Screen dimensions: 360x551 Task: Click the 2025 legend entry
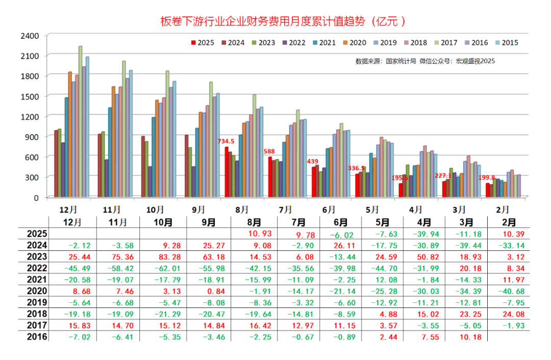pos(203,43)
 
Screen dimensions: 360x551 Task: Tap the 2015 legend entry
pos(506,43)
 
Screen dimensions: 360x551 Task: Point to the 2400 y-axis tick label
pos(30,36)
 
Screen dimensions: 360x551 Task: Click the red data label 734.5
pos(226,141)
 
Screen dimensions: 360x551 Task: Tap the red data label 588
pos(269,151)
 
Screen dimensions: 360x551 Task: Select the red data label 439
pos(312,162)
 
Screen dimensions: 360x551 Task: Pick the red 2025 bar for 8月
pos(227,172)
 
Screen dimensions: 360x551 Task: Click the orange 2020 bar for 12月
pos(70,135)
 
